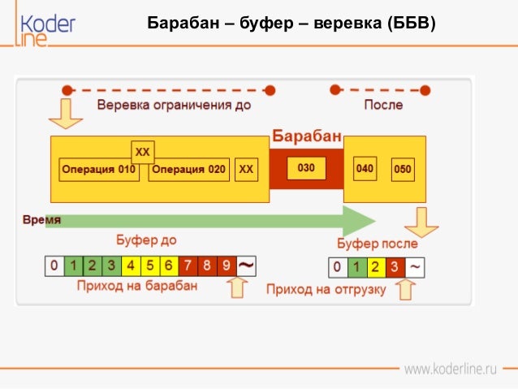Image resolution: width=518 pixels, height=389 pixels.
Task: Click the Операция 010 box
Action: (x=98, y=170)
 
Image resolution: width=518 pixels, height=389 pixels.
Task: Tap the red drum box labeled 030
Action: (x=306, y=169)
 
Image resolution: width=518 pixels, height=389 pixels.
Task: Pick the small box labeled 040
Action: (x=365, y=169)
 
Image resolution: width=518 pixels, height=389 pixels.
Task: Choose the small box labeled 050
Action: (x=403, y=170)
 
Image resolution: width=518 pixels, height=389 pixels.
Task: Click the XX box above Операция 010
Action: (x=143, y=152)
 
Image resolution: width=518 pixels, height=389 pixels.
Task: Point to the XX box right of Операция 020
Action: (x=247, y=170)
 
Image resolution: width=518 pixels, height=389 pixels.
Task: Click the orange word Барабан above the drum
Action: (x=306, y=136)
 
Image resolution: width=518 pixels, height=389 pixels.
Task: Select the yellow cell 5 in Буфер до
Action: (x=150, y=265)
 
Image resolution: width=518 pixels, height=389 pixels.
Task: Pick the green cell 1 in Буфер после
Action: (x=356, y=267)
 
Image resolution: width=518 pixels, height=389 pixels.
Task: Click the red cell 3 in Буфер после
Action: (x=395, y=267)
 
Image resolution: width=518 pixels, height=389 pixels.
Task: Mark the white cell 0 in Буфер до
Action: (x=54, y=265)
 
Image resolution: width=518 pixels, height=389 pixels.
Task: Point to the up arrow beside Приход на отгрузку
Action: (x=404, y=288)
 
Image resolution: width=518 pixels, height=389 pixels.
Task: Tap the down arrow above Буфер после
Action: (x=421, y=221)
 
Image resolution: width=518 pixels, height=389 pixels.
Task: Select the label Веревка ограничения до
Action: (x=174, y=105)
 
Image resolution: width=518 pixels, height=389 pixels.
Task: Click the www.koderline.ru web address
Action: (x=450, y=370)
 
